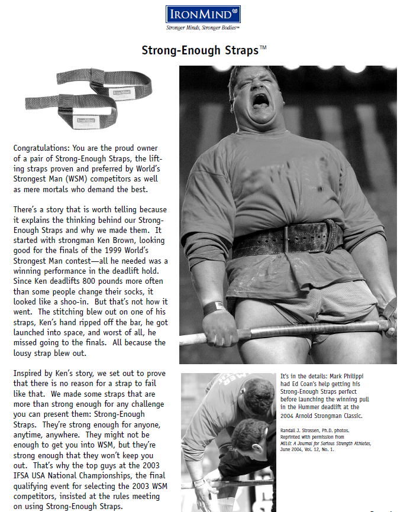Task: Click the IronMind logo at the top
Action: point(204,13)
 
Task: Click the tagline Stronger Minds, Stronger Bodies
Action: point(204,28)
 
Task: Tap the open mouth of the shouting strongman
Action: point(260,101)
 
